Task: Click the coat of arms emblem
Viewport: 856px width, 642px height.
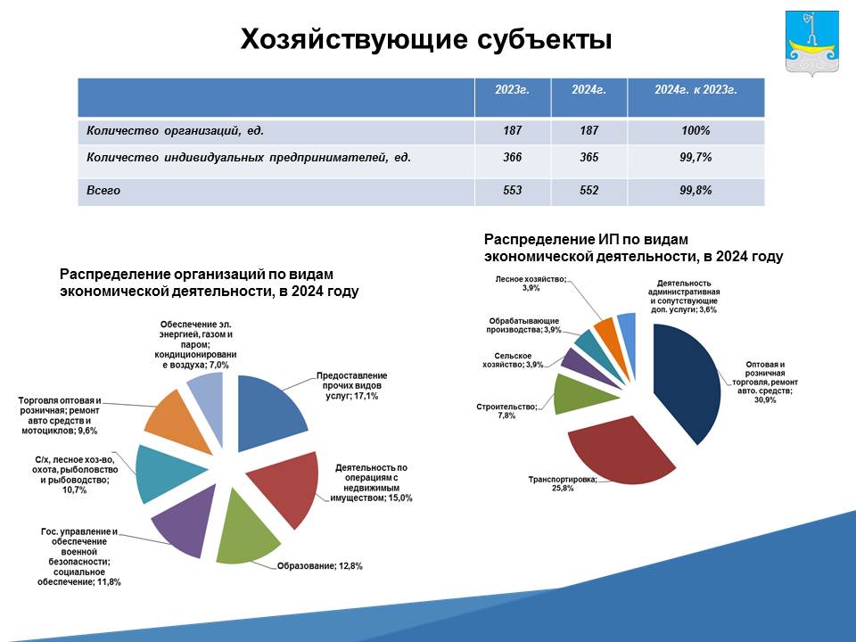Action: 811,43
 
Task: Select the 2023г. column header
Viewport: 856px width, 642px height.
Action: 512,89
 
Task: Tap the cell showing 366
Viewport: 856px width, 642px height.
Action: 512,157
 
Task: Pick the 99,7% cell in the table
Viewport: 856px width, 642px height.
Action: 695,157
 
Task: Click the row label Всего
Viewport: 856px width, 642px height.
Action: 103,191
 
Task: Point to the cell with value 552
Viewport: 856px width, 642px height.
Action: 588,191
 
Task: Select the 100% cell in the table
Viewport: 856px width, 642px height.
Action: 695,130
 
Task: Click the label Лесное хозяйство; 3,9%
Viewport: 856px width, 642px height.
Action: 531,284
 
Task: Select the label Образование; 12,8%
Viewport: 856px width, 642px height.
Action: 320,566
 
